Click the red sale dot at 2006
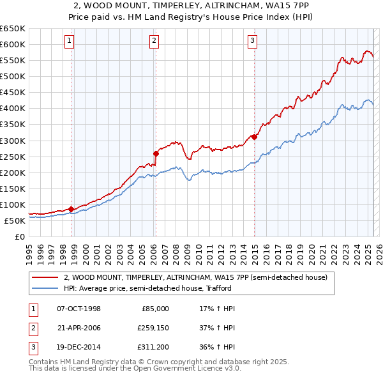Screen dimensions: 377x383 coord(156,153)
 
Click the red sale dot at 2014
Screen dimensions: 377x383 coord(254,136)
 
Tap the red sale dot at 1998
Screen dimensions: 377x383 coord(71,209)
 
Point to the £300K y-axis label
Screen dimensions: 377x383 coord(12,141)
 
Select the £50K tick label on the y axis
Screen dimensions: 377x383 coord(14,220)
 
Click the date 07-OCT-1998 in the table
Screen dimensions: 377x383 coord(79,309)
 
